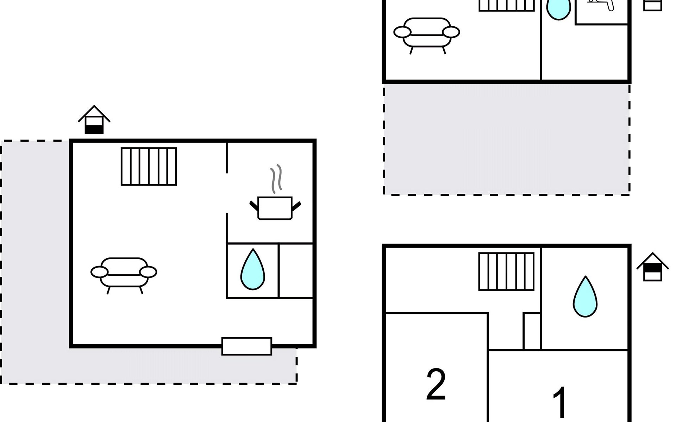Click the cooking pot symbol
(x=275, y=208)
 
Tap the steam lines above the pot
(x=276, y=179)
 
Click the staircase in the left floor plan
(x=149, y=166)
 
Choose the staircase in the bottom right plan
(x=506, y=271)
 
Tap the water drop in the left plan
(x=252, y=269)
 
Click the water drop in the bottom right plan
(x=585, y=296)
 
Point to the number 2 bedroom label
(x=436, y=384)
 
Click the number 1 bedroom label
(x=560, y=404)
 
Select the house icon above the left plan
(x=94, y=120)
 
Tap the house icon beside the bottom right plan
(x=653, y=267)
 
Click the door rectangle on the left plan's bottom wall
(x=247, y=346)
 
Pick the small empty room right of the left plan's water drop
(x=296, y=270)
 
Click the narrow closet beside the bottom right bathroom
(x=532, y=331)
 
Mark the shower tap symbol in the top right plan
(x=601, y=4)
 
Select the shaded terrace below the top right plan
(x=506, y=139)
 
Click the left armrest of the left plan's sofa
(x=99, y=272)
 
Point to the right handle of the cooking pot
(x=296, y=206)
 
